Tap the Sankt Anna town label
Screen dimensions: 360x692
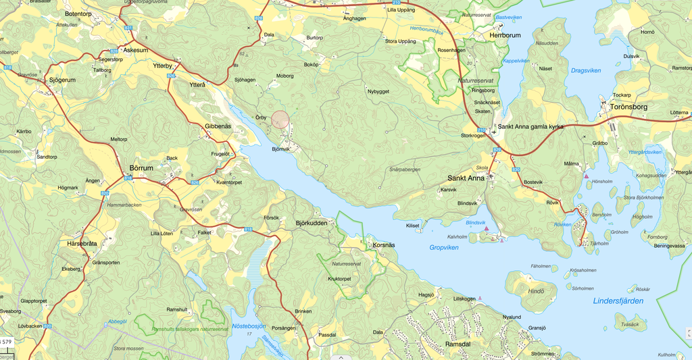[x=466, y=178]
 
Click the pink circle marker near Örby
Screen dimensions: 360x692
[x=280, y=120]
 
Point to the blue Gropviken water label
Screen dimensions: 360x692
[x=444, y=248]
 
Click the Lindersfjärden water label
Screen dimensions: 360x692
[x=618, y=301]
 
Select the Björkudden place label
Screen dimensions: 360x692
[x=312, y=223]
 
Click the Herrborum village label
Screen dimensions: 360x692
[x=505, y=35]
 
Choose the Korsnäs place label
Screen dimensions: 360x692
[x=383, y=245]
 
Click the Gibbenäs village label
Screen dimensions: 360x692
[x=218, y=126]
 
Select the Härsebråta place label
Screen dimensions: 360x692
[x=82, y=243]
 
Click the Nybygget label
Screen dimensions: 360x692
[x=378, y=91]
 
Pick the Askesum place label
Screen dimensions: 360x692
[x=135, y=50]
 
